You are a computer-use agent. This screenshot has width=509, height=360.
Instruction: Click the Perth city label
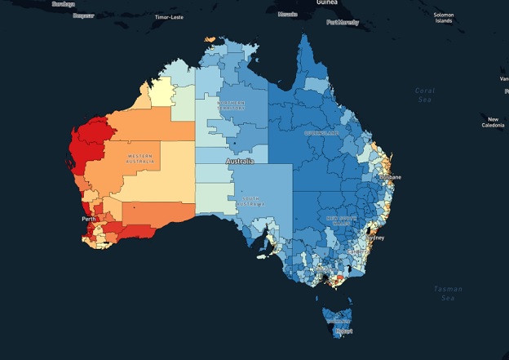(x=89, y=220)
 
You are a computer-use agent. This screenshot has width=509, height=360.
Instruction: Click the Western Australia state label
(x=140, y=158)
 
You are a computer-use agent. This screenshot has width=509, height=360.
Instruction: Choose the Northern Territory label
(x=232, y=105)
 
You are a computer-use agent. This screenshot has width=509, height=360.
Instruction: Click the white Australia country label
(x=240, y=162)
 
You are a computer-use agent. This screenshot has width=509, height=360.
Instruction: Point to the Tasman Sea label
(x=448, y=293)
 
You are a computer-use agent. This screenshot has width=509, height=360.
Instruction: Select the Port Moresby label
(x=343, y=22)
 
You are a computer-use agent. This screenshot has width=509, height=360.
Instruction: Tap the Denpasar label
(x=83, y=16)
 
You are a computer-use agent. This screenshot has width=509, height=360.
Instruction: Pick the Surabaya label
(x=63, y=4)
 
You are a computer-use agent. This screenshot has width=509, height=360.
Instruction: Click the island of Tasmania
(x=334, y=318)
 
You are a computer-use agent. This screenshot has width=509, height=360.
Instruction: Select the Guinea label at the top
(x=327, y=3)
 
